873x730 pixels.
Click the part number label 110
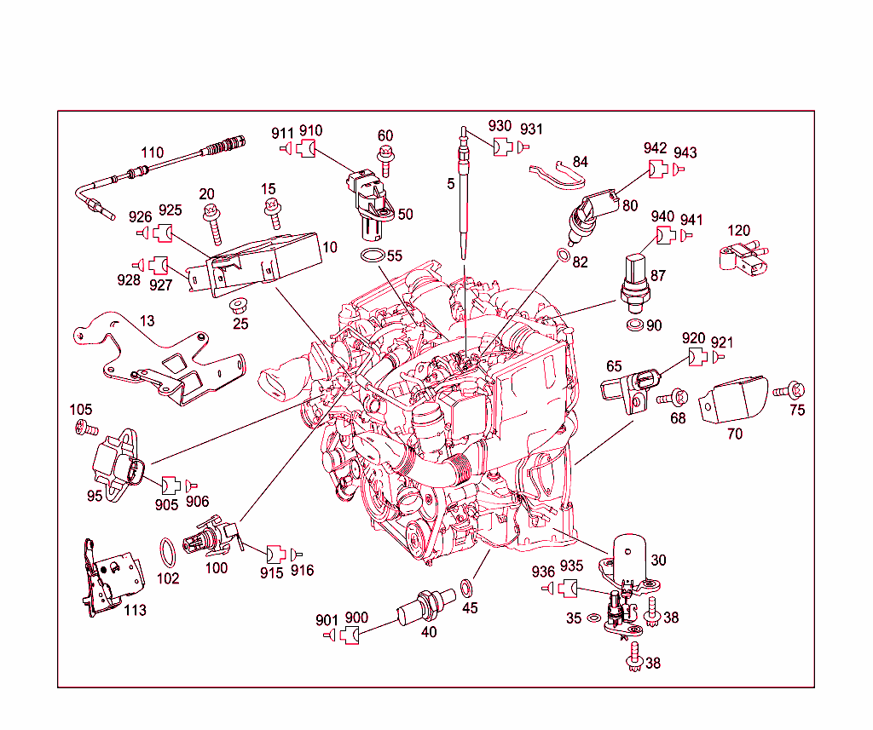[152, 153]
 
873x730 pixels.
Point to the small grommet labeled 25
[240, 305]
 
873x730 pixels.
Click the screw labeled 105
[84, 428]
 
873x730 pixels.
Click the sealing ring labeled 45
[468, 587]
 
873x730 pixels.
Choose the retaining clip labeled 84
[555, 174]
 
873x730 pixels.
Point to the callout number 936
[543, 572]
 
